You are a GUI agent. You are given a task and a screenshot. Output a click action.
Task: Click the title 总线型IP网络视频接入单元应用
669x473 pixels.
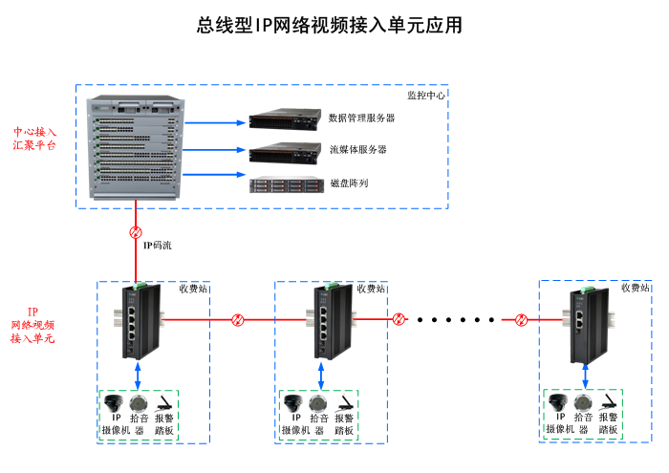tap(329, 26)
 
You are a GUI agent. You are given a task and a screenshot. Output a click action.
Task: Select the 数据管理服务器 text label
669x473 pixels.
tap(361, 118)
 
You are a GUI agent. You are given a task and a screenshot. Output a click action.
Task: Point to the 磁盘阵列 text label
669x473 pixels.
tap(349, 183)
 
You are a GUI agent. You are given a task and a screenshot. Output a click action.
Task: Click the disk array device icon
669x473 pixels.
tap(282, 184)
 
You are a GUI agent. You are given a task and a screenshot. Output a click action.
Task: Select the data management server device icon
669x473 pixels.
tap(282, 120)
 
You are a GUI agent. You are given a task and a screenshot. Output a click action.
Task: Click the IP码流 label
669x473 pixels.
tap(158, 246)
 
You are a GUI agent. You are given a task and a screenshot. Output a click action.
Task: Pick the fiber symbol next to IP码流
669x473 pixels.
tap(136, 232)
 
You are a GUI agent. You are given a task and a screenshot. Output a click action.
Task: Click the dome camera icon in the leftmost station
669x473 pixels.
tap(116, 401)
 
